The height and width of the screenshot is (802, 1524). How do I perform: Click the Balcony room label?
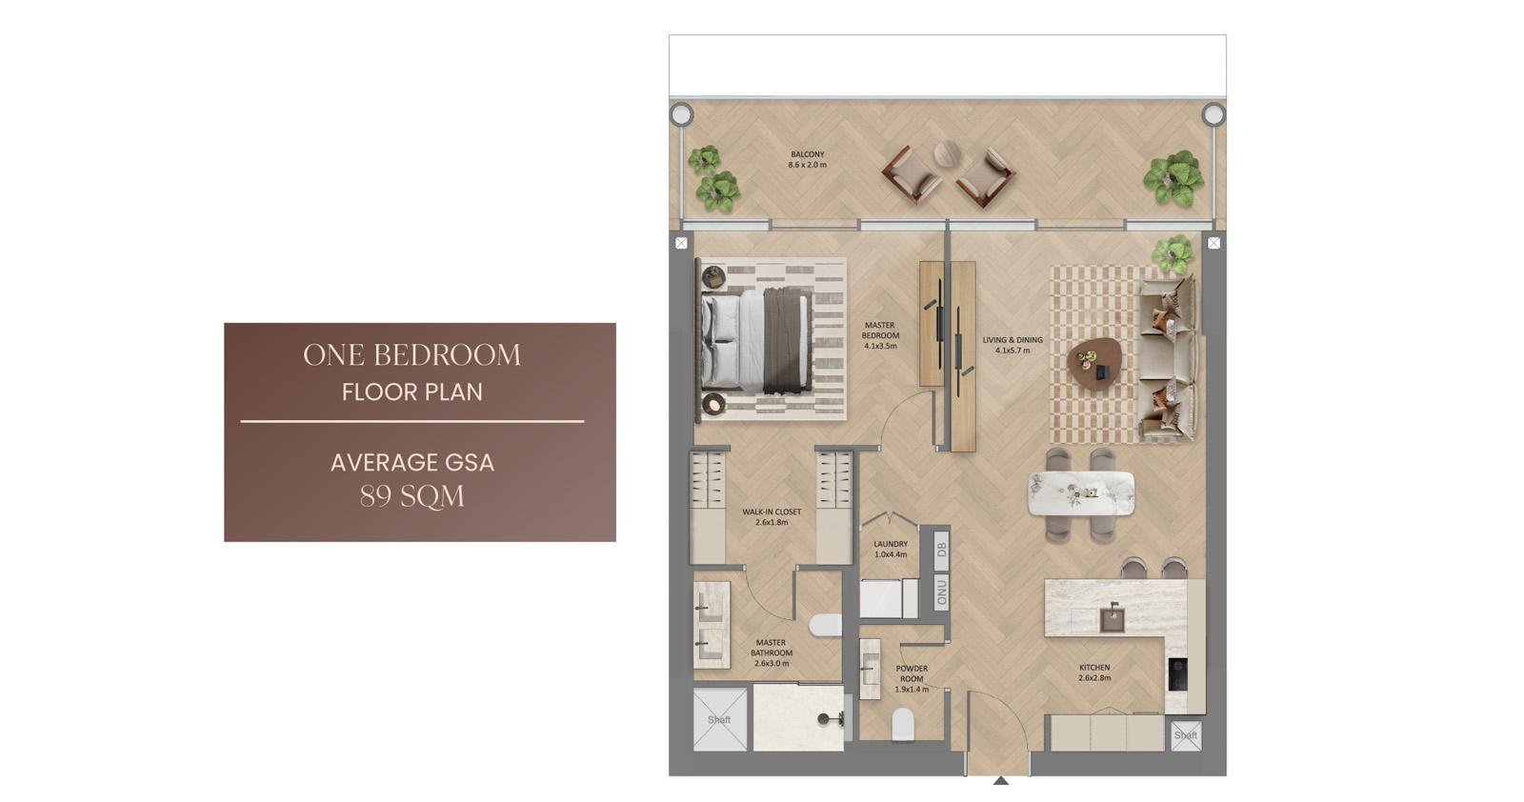[x=808, y=160]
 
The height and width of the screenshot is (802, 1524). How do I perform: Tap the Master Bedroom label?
[x=880, y=335]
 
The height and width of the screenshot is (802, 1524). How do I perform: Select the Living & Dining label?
[x=1013, y=345]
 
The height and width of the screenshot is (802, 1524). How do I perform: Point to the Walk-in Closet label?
[x=772, y=517]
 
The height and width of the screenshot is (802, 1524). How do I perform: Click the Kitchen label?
[x=1094, y=672]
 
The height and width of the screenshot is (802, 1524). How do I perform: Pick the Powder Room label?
[x=912, y=679]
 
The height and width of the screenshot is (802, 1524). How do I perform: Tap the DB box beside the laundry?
[x=942, y=549]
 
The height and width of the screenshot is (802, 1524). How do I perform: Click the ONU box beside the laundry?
[x=942, y=591]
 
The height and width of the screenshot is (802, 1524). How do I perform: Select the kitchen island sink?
[x=1113, y=619]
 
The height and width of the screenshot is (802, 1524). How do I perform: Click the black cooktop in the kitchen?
[x=1177, y=674]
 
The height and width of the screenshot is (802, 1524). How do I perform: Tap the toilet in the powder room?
[x=903, y=724]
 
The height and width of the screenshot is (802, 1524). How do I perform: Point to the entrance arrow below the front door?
[x=1000, y=780]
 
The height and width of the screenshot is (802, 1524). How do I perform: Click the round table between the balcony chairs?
[x=947, y=153]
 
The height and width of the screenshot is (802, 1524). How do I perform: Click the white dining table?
[x=1080, y=493]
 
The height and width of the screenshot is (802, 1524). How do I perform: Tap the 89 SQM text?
[x=412, y=496]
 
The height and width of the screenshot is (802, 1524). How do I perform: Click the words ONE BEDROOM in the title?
[x=411, y=355]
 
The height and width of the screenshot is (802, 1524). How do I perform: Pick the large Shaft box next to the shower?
[x=720, y=719]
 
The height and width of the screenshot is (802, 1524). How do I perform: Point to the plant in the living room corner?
[x=1173, y=253]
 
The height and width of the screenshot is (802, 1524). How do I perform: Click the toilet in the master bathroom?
[x=825, y=625]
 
